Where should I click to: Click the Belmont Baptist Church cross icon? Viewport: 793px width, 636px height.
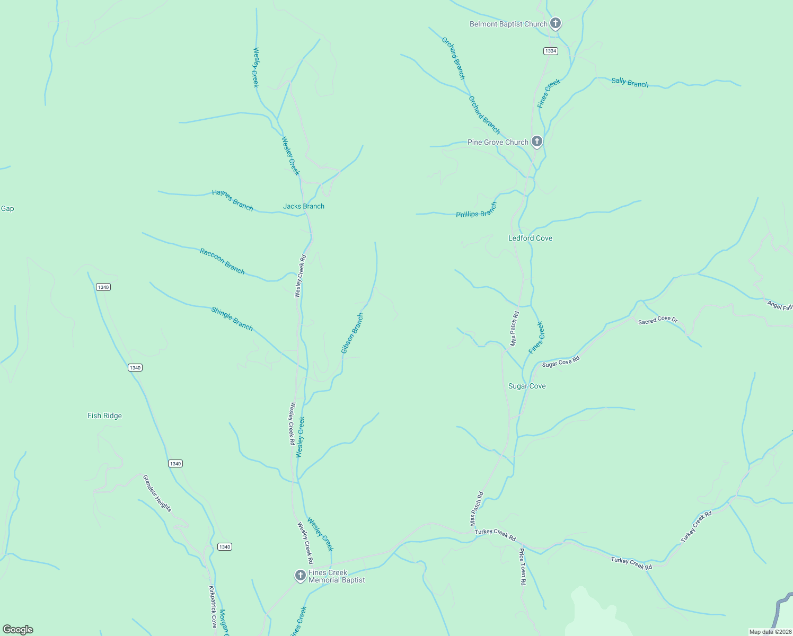[555, 23]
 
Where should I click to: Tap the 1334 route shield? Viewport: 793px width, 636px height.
[551, 51]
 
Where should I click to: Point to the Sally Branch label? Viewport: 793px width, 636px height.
[630, 82]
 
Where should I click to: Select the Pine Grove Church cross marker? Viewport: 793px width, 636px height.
[536, 142]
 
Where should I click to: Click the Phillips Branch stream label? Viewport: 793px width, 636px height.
[477, 210]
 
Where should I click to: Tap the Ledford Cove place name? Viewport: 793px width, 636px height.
[530, 238]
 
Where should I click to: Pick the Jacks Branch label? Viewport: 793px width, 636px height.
[304, 206]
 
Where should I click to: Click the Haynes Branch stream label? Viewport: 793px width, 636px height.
[233, 200]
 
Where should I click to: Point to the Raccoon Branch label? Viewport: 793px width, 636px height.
[222, 261]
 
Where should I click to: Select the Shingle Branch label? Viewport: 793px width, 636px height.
[232, 319]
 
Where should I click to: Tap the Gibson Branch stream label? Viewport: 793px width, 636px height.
[352, 333]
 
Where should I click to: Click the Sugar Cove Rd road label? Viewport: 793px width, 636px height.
[561, 362]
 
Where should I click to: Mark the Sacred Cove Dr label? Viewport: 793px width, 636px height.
[658, 320]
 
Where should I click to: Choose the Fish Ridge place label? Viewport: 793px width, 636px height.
[104, 416]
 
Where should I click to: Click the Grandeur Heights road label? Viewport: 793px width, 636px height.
[157, 493]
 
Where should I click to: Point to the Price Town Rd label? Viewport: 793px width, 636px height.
[522, 567]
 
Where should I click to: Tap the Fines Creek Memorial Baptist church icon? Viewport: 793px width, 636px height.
[300, 576]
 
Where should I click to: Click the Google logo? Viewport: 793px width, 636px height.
[18, 630]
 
